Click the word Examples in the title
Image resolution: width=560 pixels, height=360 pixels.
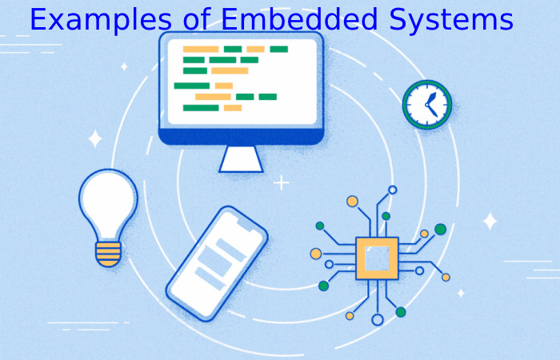click(101, 20)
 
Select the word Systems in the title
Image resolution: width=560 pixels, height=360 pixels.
click(451, 20)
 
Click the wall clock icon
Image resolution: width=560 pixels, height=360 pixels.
click(427, 104)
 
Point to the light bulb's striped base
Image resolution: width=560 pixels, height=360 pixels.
click(108, 254)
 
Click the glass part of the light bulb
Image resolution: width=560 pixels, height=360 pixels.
click(108, 204)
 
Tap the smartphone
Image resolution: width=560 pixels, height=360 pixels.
click(217, 263)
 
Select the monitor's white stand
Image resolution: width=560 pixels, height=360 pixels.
click(241, 159)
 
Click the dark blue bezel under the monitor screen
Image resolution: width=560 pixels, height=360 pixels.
click(241, 137)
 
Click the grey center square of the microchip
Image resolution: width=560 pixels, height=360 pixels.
click(377, 258)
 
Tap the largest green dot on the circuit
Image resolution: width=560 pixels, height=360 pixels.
click(440, 229)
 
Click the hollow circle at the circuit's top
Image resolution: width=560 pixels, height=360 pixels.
click(393, 190)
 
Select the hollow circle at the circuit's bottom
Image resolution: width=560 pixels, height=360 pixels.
click(378, 319)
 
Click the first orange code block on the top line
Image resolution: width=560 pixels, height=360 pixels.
click(201, 49)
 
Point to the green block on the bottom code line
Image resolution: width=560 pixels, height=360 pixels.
click(201, 108)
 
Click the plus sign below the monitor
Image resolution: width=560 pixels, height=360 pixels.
click(282, 183)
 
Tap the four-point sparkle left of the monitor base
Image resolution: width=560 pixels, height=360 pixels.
click(95, 139)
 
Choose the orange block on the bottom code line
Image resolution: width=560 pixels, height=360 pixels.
click(233, 108)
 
